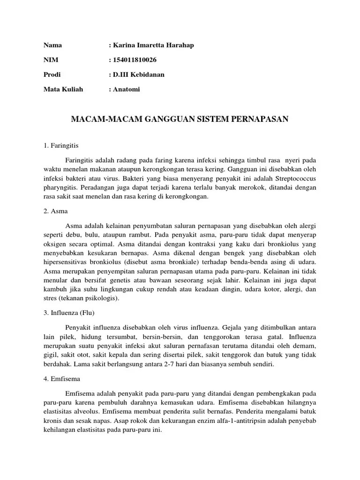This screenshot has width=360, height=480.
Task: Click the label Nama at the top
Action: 53,45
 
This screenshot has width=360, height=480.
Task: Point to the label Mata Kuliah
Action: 63,89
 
